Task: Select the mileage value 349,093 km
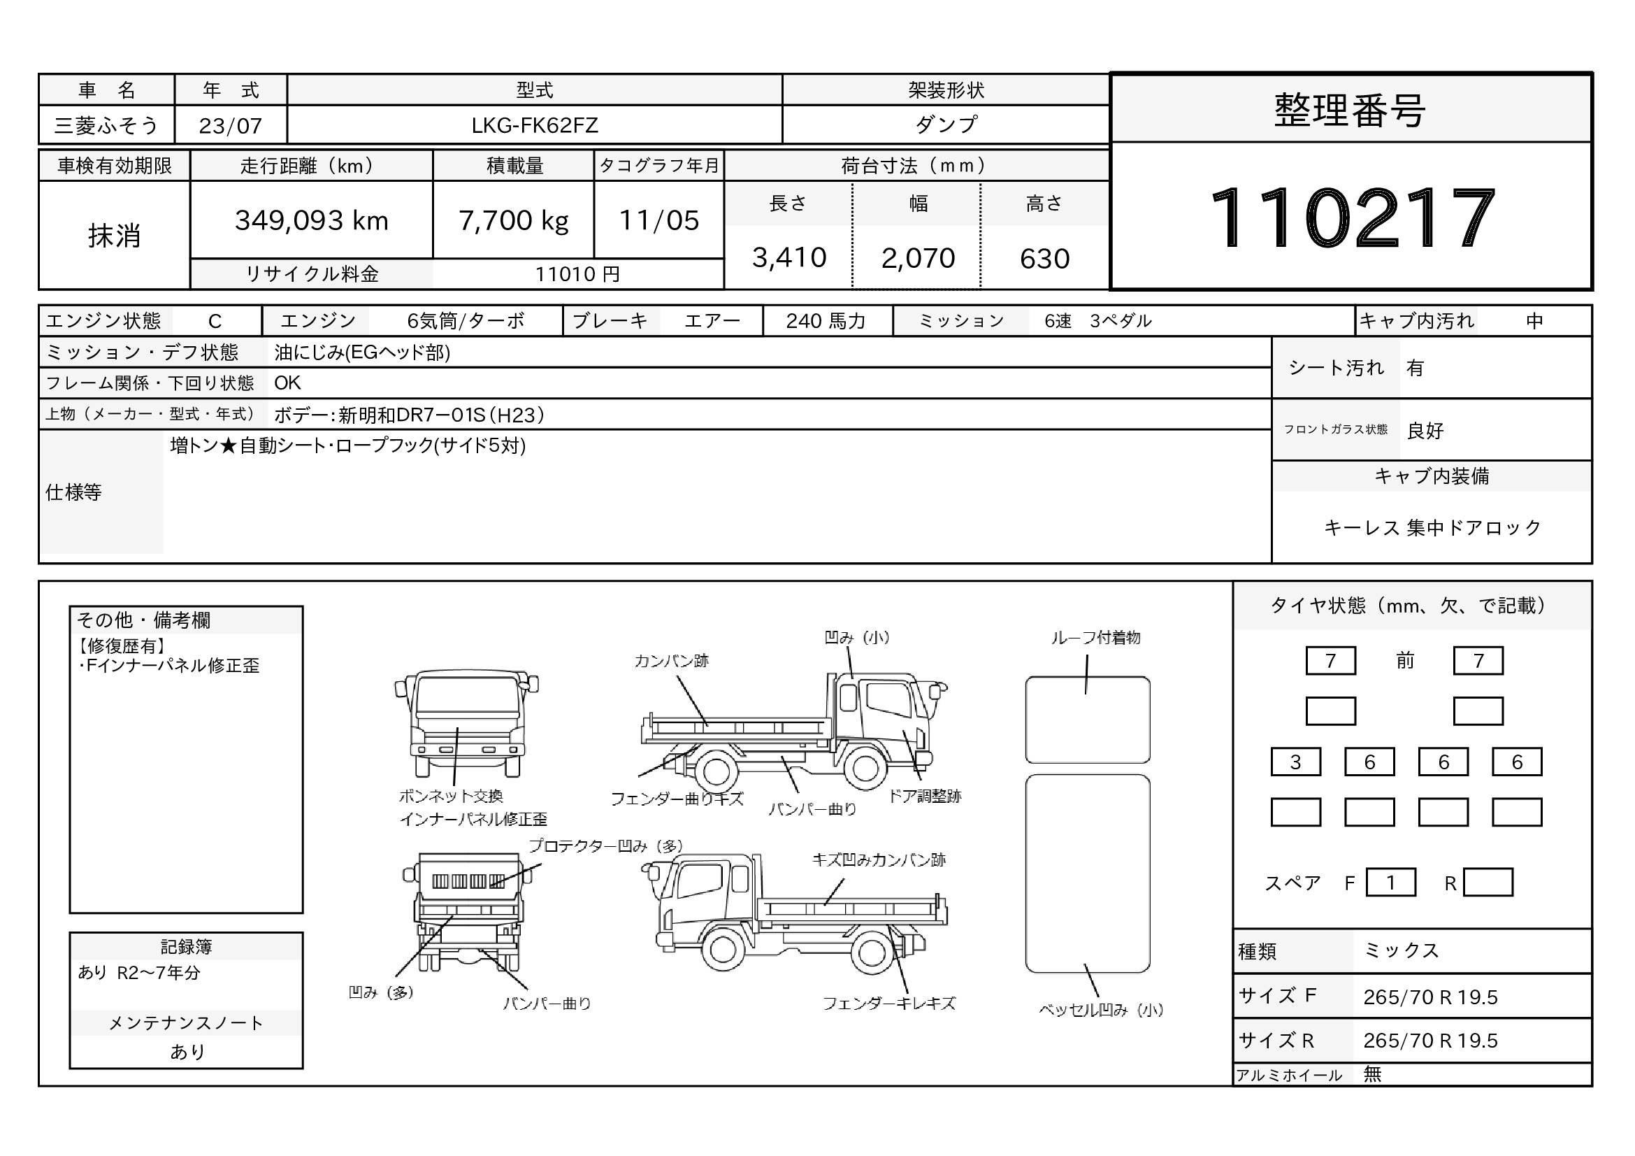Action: (x=312, y=221)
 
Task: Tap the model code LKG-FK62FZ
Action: (x=535, y=125)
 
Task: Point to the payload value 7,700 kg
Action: (x=514, y=221)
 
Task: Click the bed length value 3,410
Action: (x=789, y=257)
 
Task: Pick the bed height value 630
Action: (x=1044, y=259)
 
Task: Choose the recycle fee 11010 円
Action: (x=577, y=274)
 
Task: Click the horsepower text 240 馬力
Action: (x=826, y=321)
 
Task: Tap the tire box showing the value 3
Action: (x=1295, y=762)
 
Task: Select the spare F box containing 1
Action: (x=1391, y=883)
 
